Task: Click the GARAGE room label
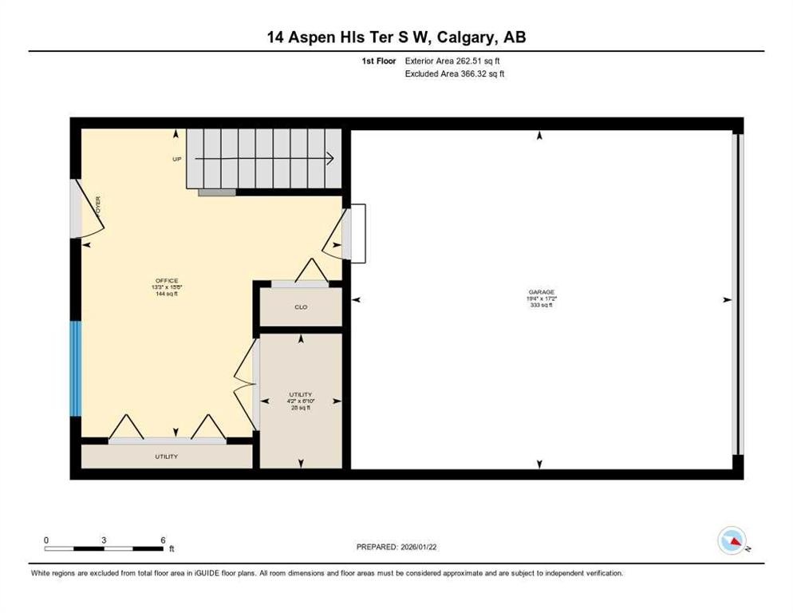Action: point(540,292)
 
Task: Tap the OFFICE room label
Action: point(167,280)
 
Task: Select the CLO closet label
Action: point(301,306)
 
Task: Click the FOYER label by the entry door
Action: point(97,207)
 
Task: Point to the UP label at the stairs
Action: point(177,159)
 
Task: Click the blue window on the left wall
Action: point(76,368)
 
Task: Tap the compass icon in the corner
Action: point(732,542)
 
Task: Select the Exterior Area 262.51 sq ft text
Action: point(453,61)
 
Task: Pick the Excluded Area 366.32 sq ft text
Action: point(455,73)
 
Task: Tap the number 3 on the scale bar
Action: point(104,540)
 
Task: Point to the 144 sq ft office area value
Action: point(167,294)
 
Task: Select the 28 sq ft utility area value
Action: point(301,408)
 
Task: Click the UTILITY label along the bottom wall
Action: point(167,457)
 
